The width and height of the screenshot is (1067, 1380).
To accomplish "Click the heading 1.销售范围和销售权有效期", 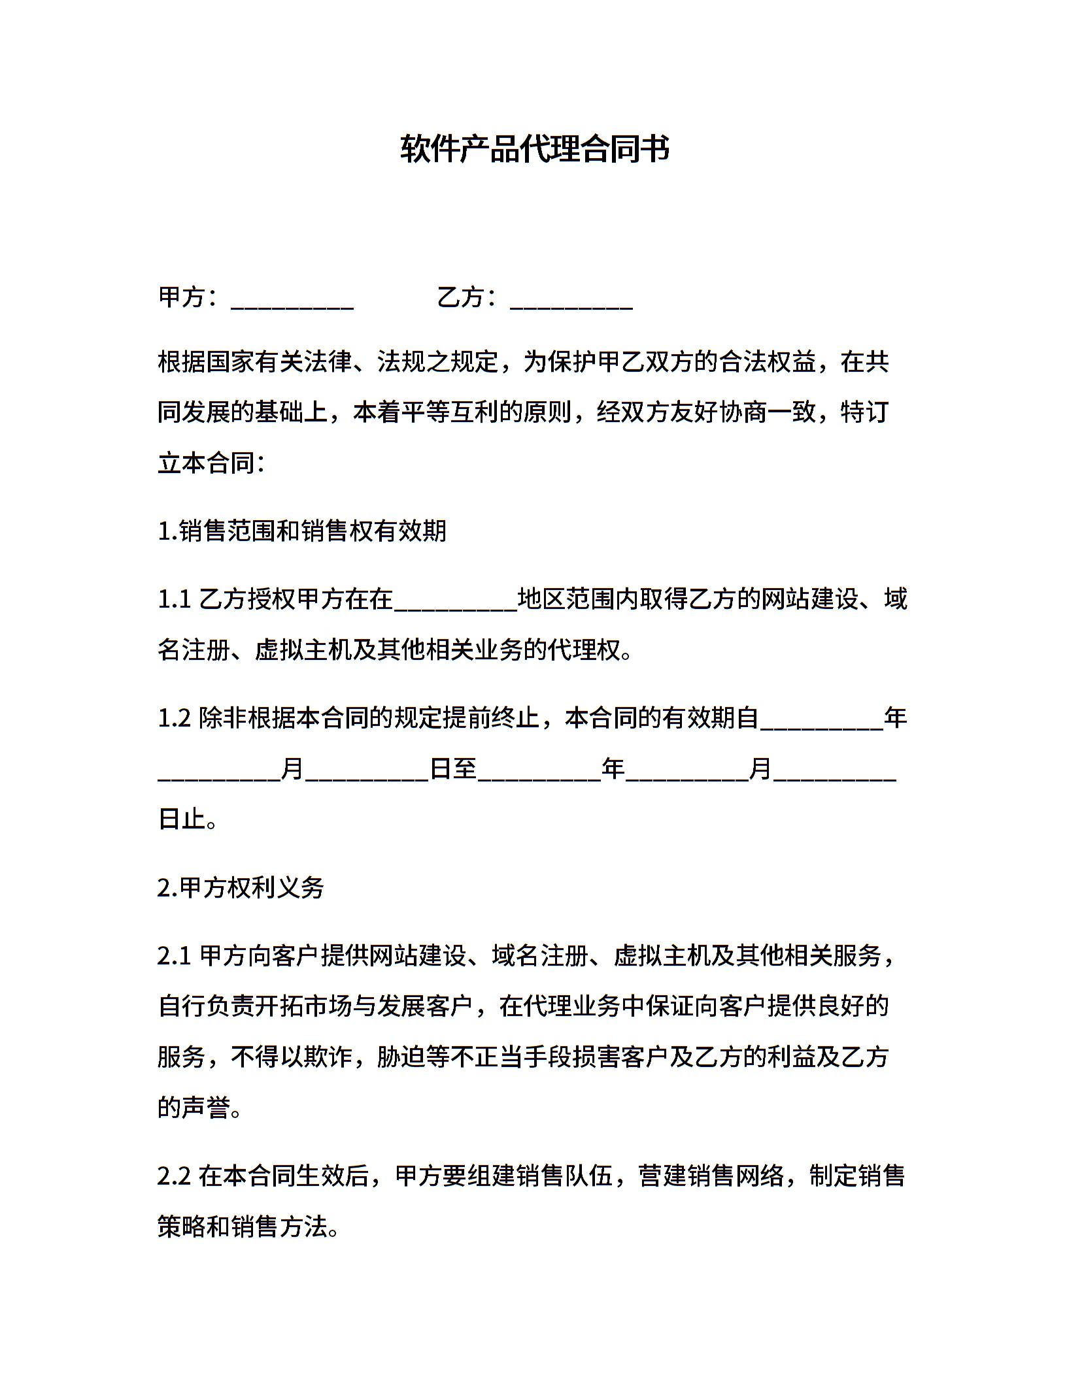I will (x=302, y=531).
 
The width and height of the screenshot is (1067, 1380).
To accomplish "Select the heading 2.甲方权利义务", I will (x=241, y=888).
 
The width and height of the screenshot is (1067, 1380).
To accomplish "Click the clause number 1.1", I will (x=174, y=599).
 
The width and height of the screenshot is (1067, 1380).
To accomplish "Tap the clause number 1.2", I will (x=174, y=718).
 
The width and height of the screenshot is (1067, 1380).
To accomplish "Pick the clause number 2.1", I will (x=174, y=956).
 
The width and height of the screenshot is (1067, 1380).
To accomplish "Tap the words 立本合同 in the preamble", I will (x=206, y=464).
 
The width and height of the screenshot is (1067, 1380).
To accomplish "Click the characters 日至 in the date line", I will (x=453, y=769).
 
